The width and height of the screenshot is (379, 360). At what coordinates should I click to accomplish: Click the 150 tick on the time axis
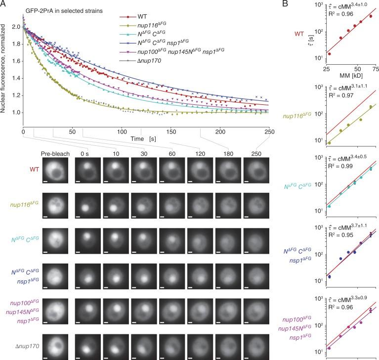pos(171,133)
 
